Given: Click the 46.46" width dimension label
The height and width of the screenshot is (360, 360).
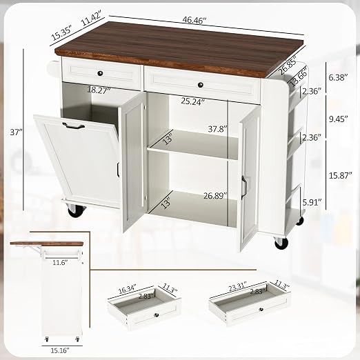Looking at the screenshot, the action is coord(194,20).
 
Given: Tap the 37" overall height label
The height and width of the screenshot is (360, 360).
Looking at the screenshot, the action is coord(16,132).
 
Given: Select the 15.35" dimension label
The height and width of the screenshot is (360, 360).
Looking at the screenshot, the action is coord(62,32).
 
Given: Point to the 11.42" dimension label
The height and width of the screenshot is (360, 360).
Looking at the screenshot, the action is coord(92,19).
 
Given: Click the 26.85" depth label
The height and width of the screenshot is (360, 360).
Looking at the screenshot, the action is coord(287,66).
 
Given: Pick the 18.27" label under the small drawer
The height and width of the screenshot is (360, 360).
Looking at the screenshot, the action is coord(99,90).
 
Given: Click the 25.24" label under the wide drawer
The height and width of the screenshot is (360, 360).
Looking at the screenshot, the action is coord(192,101).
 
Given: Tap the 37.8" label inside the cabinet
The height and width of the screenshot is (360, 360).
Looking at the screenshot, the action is coord(218,129).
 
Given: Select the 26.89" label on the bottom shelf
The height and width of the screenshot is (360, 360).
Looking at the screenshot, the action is coord(215,196).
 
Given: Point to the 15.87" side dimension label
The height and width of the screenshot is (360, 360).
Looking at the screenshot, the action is coord(340,176).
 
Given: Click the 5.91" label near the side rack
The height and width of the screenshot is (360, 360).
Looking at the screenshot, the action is coord(312,203).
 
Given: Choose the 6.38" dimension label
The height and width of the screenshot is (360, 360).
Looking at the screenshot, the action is coord(338,78).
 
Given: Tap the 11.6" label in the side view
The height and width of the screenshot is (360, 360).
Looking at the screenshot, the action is coord(60,262).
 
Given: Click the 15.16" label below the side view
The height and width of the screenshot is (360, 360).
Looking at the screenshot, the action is coord(60,350).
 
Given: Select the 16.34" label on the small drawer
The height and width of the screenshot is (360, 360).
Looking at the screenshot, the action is coord(128,289).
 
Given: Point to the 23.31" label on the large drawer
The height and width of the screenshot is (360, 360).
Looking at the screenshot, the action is coord(238,286).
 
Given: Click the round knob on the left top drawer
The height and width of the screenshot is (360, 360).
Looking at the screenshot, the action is coord(100,73).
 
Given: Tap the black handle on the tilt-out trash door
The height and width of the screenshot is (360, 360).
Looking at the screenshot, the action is coord(73,126).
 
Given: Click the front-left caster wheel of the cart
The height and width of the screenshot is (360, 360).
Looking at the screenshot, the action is coord(76,210).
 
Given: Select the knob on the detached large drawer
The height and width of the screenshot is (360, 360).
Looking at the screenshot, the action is coord(261,310).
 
